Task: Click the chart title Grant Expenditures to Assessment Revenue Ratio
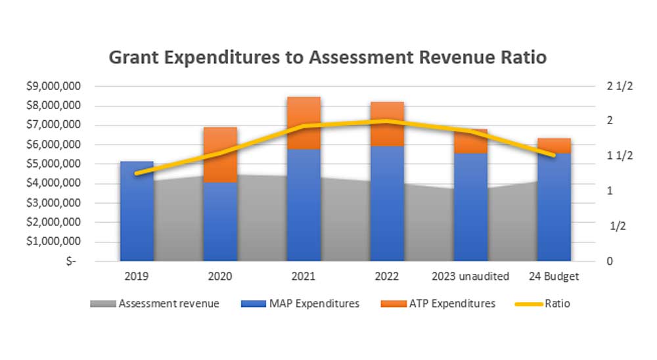(x=327, y=57)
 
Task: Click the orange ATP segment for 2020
(x=220, y=154)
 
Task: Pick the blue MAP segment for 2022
(x=387, y=204)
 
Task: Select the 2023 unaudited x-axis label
(x=470, y=277)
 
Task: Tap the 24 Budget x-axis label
(x=554, y=277)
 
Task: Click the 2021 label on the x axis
(x=304, y=277)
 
